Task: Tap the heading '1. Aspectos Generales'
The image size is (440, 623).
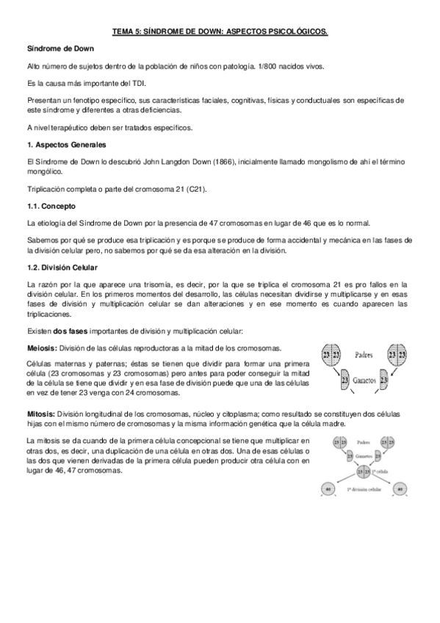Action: coord(66,144)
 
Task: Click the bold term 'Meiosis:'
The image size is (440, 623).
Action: coord(41,347)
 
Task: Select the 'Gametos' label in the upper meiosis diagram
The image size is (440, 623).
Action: coord(364,382)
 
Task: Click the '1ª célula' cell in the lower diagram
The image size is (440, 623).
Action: coord(361,470)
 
